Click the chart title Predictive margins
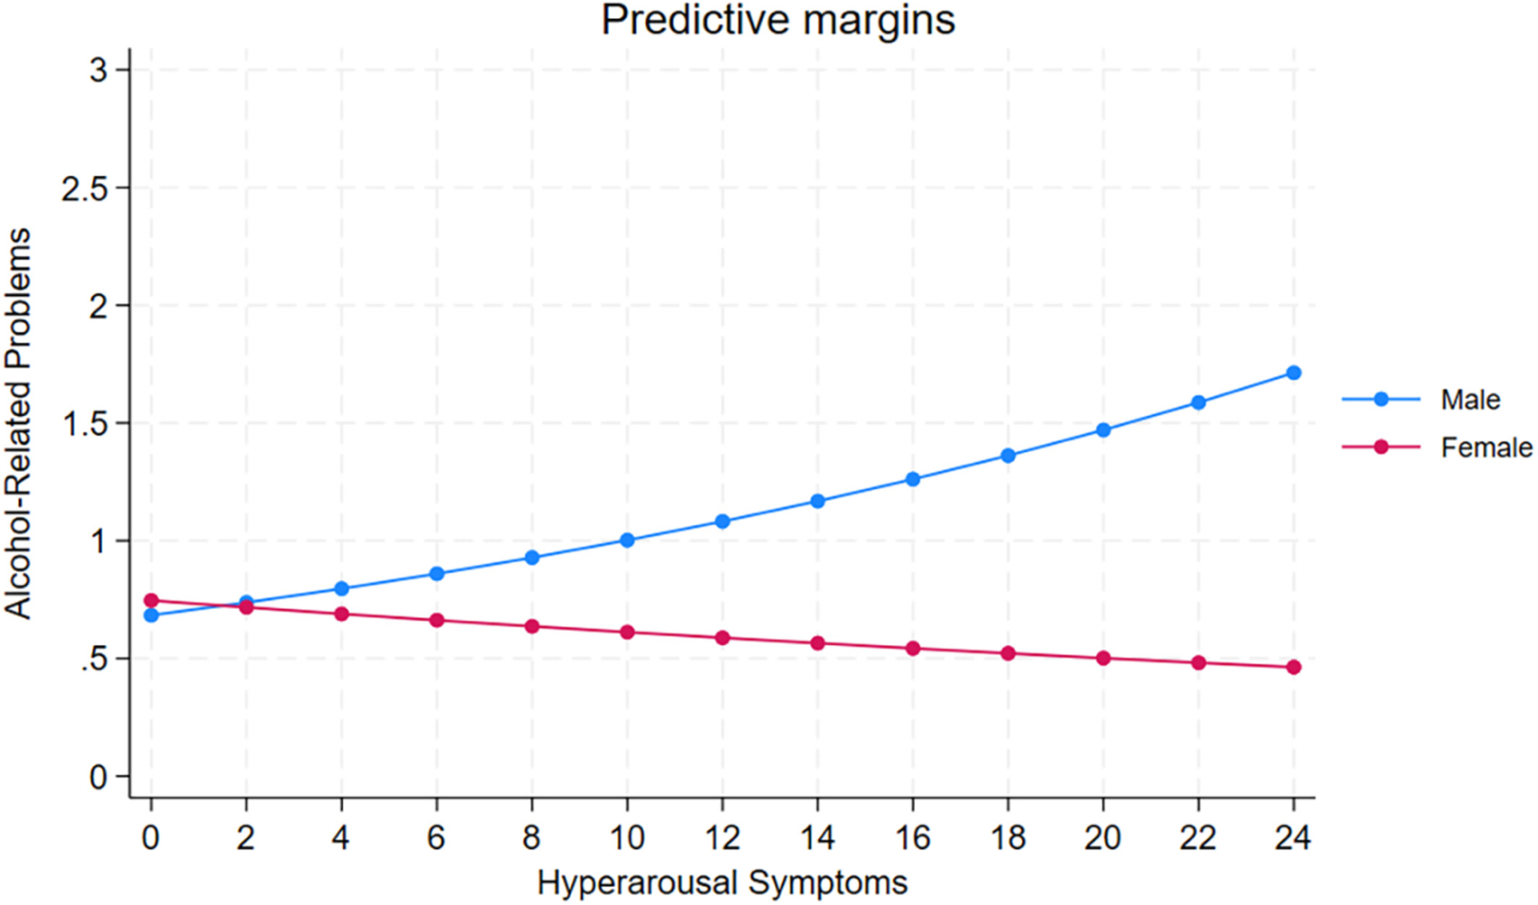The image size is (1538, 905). [x=777, y=20]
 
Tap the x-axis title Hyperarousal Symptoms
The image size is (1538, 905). [x=722, y=883]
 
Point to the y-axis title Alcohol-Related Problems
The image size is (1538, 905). [x=18, y=423]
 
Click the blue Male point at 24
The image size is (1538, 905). [x=1293, y=373]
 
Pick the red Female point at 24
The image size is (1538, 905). [x=1293, y=667]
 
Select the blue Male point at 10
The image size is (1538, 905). [x=627, y=541]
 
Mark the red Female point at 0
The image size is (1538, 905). [x=151, y=601]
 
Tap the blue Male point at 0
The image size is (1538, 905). [x=151, y=615]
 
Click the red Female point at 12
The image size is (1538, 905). [x=722, y=638]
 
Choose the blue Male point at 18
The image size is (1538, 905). [x=1008, y=456]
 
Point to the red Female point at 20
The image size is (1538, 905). [x=1104, y=658]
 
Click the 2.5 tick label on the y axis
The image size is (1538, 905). [x=85, y=188]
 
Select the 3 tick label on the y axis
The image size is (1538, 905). [x=98, y=71]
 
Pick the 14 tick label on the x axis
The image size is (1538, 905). [x=817, y=837]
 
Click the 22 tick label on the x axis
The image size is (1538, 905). [x=1198, y=837]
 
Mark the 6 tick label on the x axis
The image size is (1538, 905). [x=437, y=837]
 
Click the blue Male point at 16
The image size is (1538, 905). [x=913, y=479]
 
